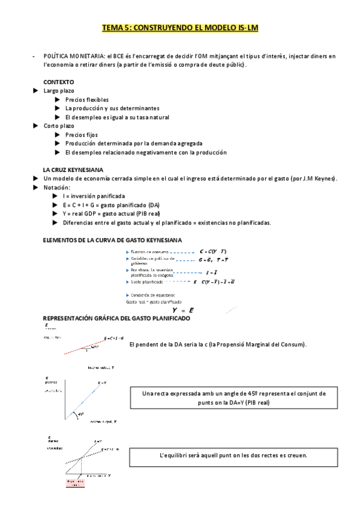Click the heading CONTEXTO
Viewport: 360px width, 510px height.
tap(58, 81)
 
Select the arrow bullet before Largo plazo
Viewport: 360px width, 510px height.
tap(35, 90)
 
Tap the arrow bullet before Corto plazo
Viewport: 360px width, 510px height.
tap(35, 126)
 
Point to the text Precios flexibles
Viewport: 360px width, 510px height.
tap(87, 99)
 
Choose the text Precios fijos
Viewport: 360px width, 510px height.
tap(81, 135)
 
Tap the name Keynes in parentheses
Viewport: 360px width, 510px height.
tap(326, 179)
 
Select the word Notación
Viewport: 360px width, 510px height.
tap(56, 188)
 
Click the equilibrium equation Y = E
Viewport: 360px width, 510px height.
tap(182, 310)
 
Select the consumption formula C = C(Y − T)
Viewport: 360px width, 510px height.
tap(213, 251)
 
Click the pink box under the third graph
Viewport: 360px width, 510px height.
tap(75, 484)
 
